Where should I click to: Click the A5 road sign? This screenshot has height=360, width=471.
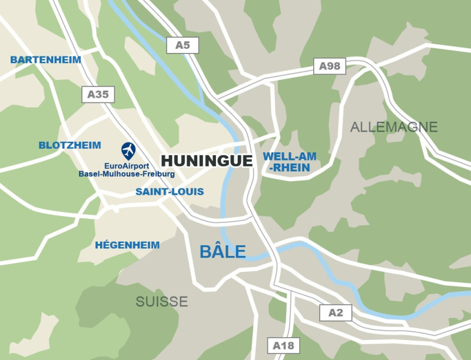click(x=183, y=45)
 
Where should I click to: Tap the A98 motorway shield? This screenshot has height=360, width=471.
click(x=330, y=66)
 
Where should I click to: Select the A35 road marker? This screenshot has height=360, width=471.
click(x=98, y=94)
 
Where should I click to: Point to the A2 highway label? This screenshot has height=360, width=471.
click(x=336, y=313)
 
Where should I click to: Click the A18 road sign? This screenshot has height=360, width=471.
click(x=283, y=345)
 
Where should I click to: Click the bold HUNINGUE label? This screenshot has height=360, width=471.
click(x=207, y=161)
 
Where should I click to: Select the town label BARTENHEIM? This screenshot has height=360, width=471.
click(x=45, y=59)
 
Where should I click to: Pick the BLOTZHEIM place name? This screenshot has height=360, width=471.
click(x=69, y=145)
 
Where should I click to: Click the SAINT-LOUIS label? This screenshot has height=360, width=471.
click(x=170, y=192)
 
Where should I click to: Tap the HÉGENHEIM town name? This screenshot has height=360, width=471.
click(x=127, y=245)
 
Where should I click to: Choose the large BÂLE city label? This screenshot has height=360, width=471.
click(x=223, y=252)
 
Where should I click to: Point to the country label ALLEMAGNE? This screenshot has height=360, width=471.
click(x=394, y=127)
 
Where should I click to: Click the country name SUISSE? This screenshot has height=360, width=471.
click(x=162, y=302)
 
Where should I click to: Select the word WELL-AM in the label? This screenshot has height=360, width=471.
click(x=290, y=156)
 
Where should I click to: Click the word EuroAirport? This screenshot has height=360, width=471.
click(x=127, y=166)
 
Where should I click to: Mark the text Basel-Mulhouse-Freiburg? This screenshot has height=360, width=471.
click(x=127, y=174)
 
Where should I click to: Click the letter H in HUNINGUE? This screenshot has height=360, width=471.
click(x=167, y=161)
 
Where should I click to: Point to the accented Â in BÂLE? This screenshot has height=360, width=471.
click(x=217, y=251)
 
